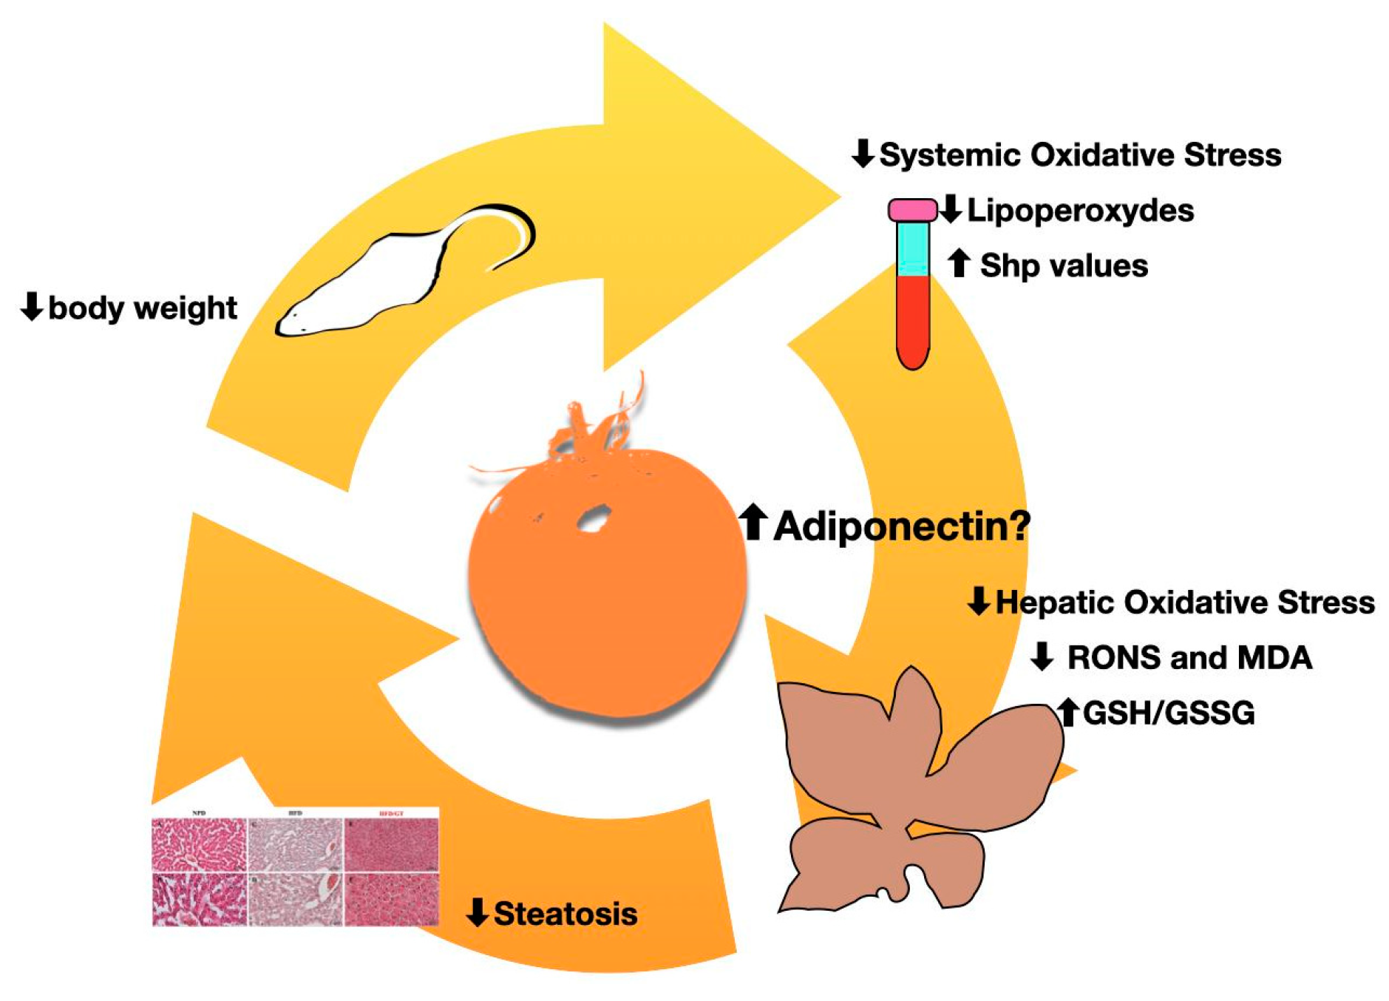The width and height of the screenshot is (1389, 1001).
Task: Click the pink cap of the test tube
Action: coord(912,211)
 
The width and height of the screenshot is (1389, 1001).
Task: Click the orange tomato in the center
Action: coord(606,584)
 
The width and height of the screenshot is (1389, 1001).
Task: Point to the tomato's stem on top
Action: coord(591,429)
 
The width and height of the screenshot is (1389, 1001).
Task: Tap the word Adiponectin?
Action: coord(902,526)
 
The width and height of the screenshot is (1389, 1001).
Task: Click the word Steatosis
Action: coord(566,914)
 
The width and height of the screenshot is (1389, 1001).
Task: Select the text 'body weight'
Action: coord(143,308)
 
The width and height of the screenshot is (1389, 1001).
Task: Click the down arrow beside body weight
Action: coord(32,306)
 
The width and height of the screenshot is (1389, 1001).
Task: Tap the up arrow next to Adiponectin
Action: coord(753,522)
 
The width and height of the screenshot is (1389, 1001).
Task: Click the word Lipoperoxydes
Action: coord(1080,211)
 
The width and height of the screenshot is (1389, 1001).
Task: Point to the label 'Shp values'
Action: coord(1064,265)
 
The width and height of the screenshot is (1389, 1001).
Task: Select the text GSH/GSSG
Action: coord(1169,713)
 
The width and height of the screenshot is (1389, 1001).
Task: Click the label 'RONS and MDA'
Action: coord(1189,657)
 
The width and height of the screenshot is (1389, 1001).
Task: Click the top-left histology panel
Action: coord(199,844)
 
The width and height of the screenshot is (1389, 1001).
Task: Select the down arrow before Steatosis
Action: coord(478,912)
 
